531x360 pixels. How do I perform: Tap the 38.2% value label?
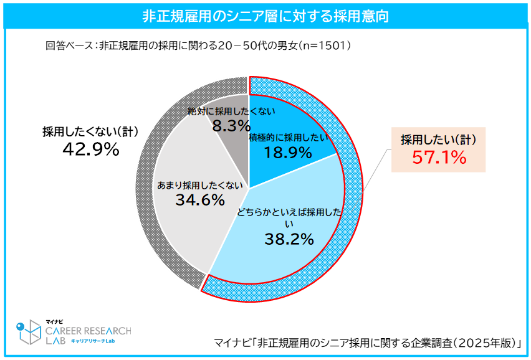pos(289,239)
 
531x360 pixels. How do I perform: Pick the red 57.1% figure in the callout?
pos(439,158)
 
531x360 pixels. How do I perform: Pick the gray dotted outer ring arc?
pos(145,187)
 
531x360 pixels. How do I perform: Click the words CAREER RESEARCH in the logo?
pos(88,331)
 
